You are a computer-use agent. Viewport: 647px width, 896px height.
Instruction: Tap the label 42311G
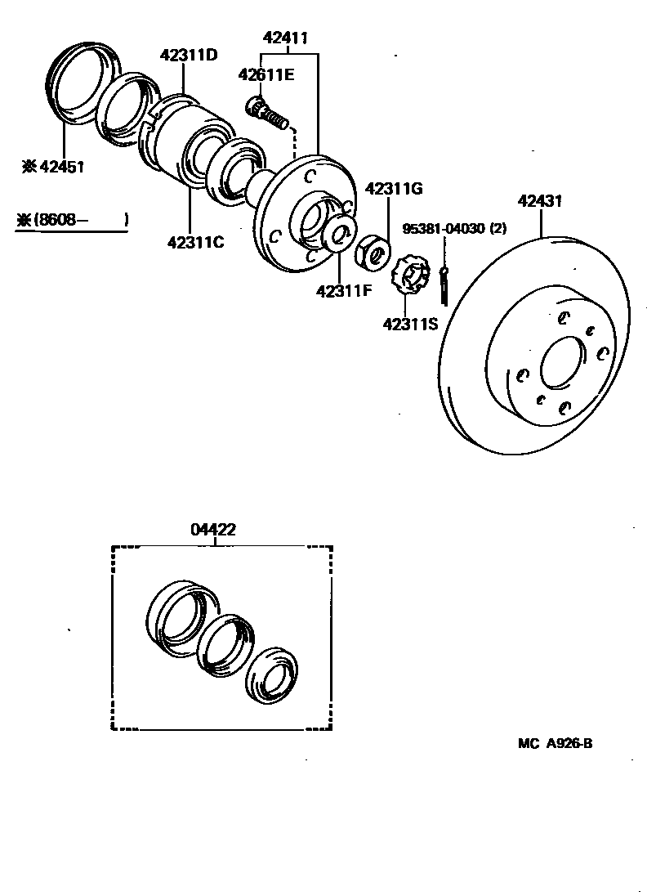click(x=393, y=189)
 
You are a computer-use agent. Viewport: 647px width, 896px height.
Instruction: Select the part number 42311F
click(x=344, y=289)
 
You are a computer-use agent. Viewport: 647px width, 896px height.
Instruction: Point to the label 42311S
click(x=410, y=324)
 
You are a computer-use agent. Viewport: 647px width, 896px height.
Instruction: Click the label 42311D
click(x=189, y=55)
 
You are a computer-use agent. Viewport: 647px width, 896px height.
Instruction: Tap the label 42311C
click(x=195, y=242)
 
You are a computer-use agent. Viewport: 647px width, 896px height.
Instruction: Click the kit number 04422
click(x=213, y=529)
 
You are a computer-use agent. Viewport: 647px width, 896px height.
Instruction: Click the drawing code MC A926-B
click(x=555, y=743)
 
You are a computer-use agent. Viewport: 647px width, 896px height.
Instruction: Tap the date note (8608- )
click(x=73, y=219)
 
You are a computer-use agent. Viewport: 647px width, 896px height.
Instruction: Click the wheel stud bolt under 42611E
click(x=265, y=113)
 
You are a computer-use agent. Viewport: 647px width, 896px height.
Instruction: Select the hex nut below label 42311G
click(x=373, y=250)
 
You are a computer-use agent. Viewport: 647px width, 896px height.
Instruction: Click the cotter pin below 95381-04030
click(x=443, y=282)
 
